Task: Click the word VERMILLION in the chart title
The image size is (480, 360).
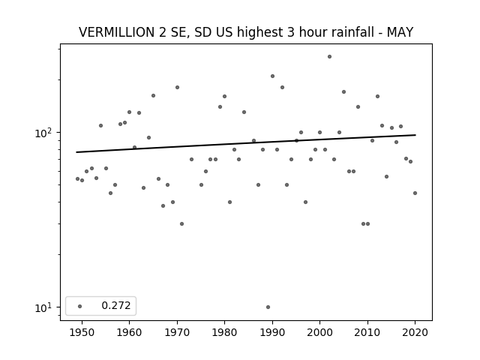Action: tap(117, 32)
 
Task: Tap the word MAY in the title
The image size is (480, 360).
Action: tap(400, 32)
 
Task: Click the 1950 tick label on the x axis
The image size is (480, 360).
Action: tap(82, 332)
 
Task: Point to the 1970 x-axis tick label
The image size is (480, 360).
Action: tap(177, 332)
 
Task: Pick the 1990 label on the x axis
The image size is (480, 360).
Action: tap(272, 332)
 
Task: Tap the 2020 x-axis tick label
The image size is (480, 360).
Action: tap(415, 332)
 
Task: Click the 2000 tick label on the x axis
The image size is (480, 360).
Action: tap(320, 332)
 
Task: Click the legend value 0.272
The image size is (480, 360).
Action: tap(116, 305)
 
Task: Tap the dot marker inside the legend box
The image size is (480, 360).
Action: tap(80, 306)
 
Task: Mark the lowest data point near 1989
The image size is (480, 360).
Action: tap(268, 307)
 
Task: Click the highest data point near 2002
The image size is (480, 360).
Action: tap(329, 57)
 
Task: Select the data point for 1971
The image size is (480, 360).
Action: tap(181, 223)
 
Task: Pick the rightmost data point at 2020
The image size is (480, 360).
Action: tap(415, 193)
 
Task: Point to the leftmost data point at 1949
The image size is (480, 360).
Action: tap(77, 178)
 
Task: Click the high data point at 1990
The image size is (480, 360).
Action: tap(272, 76)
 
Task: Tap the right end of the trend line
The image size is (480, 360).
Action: tap(415, 135)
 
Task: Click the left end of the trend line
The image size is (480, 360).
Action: tap(76, 152)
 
